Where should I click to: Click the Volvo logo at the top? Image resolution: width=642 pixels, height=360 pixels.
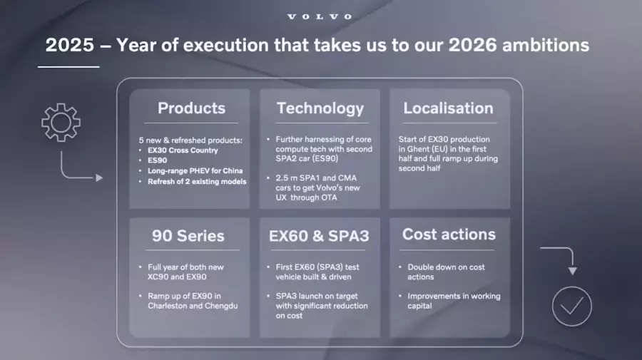coord(320,17)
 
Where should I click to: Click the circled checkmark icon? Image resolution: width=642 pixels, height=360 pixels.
coord(571,307)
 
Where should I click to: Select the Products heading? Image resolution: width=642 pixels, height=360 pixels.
coord(192,108)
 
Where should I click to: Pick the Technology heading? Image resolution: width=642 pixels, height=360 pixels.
coord(320,108)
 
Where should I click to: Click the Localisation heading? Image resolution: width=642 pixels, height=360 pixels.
coord(449,108)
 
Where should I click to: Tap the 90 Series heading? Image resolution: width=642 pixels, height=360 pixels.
coord(188,236)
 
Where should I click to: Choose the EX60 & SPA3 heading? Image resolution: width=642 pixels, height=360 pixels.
coord(319,236)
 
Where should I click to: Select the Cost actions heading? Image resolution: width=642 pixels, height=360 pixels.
coord(449,234)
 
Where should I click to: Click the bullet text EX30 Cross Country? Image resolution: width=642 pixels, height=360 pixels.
coord(183,150)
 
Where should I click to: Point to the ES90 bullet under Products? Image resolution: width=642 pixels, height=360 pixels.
coord(157,160)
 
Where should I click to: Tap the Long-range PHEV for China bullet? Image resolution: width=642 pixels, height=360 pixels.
coord(195,170)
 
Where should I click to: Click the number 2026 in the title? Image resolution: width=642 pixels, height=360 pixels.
coord(473,45)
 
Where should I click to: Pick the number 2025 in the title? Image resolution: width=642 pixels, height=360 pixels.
coord(70,45)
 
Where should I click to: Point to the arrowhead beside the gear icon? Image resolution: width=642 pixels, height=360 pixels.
coord(99,178)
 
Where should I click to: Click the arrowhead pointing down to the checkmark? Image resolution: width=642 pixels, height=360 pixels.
coord(572,271)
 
